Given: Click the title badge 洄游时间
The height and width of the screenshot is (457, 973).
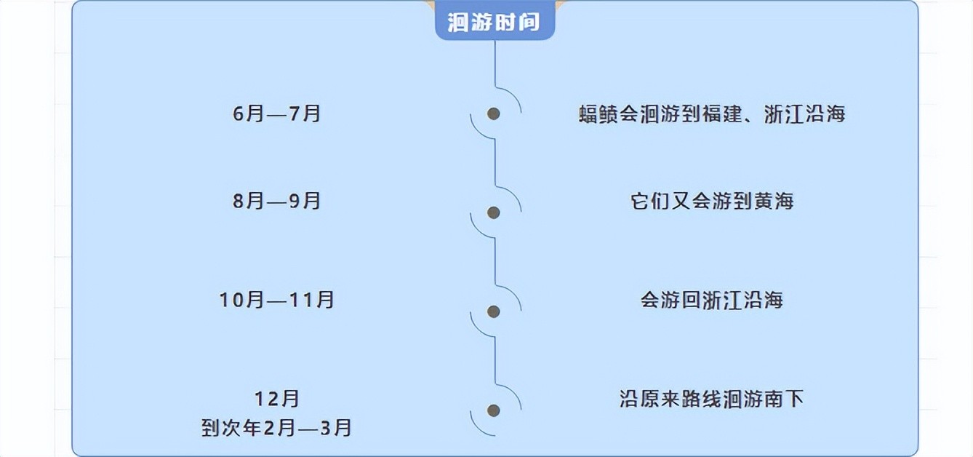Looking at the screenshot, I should click(494, 22).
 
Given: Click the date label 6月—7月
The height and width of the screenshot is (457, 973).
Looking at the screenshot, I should click(277, 114).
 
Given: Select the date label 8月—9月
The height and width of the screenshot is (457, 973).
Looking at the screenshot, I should click(277, 201).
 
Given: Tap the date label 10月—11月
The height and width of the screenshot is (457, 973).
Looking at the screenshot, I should click(277, 300).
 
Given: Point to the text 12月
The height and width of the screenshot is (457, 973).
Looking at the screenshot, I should click(277, 399).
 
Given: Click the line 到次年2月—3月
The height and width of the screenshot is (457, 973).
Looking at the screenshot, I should click(277, 428).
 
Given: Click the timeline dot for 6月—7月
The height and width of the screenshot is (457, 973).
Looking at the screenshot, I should click(494, 114).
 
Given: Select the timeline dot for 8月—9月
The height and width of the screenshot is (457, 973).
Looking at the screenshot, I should click(494, 212).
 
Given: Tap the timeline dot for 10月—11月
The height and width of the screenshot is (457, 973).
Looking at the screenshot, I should click(494, 311).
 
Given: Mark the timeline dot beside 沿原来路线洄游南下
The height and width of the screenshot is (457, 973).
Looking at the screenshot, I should click(494, 410).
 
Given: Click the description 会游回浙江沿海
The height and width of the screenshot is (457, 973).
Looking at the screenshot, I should click(712, 300).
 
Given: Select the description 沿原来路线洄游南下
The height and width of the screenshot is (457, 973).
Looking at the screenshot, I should click(712, 399).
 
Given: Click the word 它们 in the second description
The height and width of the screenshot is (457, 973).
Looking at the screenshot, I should click(650, 202).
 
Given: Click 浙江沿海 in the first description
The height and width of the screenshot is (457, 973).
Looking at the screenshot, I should click(804, 115).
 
